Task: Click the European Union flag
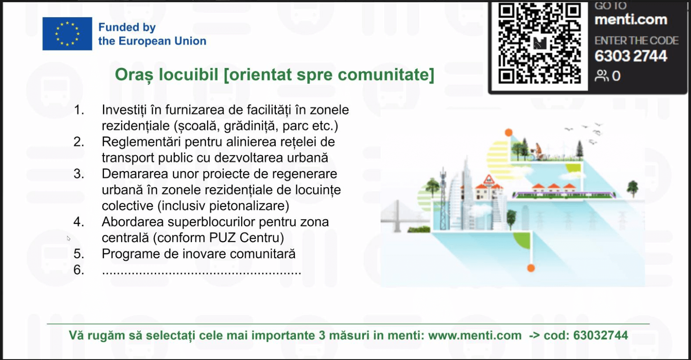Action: tap(67, 34)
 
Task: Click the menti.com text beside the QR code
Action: tap(631, 20)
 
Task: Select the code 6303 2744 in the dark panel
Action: tap(631, 56)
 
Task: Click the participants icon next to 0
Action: tap(601, 76)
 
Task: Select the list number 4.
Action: tap(79, 222)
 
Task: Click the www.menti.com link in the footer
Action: tap(475, 336)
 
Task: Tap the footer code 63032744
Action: tap(601, 336)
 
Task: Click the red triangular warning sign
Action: tap(489, 180)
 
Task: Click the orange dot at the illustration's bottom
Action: tap(531, 268)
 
